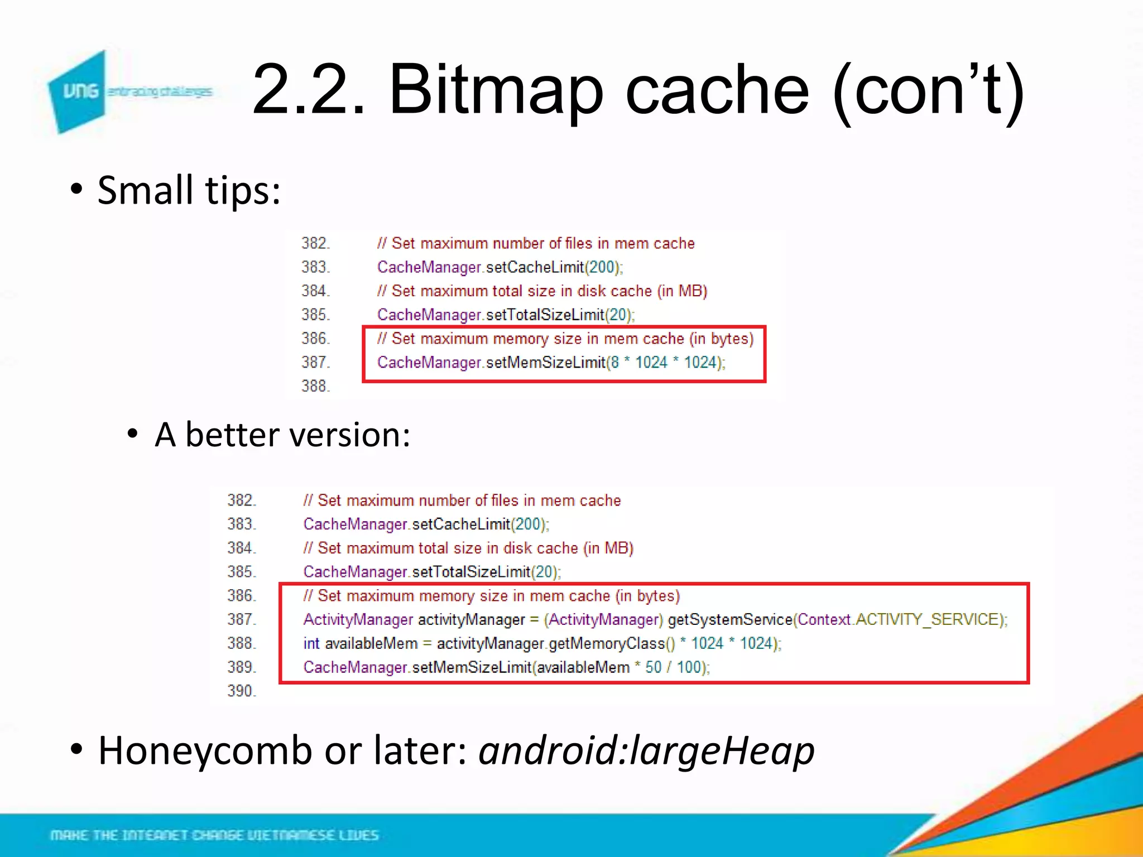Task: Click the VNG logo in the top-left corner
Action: point(78,91)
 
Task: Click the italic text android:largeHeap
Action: point(646,750)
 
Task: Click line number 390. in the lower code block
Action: point(242,691)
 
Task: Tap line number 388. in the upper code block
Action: point(316,386)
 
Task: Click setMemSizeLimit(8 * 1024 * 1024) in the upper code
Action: point(605,363)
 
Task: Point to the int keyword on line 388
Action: point(311,643)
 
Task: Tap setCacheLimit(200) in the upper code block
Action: point(553,267)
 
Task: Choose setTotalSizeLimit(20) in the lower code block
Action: point(486,572)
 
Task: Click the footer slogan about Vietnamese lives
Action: point(214,835)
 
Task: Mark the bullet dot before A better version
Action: point(132,434)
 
